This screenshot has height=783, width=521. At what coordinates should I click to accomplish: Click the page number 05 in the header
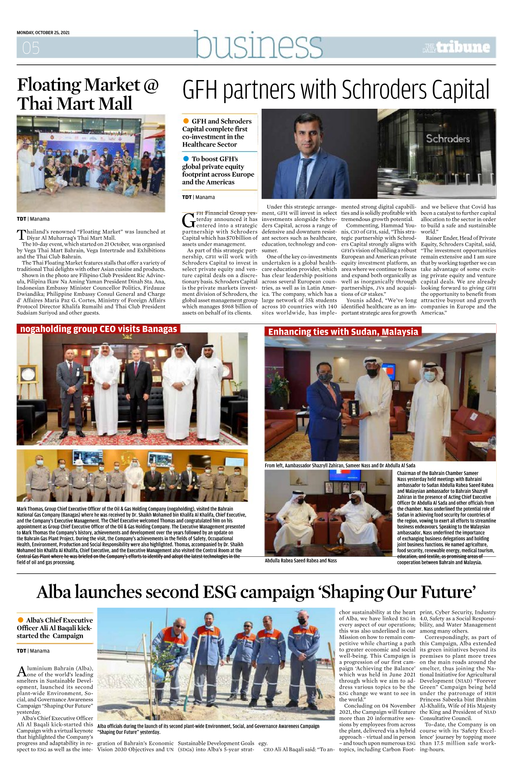tap(31, 47)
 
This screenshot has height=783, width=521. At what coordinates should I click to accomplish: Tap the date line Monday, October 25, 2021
tap(43, 33)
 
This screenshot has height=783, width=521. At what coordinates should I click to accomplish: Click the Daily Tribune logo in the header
tap(456, 47)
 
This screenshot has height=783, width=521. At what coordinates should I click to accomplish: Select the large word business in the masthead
tap(259, 45)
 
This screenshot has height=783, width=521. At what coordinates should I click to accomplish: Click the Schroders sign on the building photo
tap(448, 139)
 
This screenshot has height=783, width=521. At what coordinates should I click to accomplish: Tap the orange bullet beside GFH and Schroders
tap(186, 121)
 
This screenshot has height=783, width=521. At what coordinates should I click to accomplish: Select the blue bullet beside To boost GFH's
tap(186, 159)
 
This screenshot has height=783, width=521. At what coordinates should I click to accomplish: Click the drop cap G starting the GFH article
tap(189, 221)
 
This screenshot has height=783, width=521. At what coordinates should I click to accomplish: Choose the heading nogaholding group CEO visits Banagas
tap(99, 329)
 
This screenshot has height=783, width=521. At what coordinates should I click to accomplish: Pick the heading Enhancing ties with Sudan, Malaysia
tap(343, 331)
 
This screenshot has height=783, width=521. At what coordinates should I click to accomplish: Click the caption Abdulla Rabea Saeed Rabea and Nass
tap(301, 561)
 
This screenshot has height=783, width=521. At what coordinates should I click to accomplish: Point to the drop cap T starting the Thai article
tap(21, 235)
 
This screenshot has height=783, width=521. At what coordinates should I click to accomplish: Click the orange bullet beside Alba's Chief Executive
tap(20, 620)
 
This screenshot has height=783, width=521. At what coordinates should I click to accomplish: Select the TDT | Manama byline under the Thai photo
tap(33, 219)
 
